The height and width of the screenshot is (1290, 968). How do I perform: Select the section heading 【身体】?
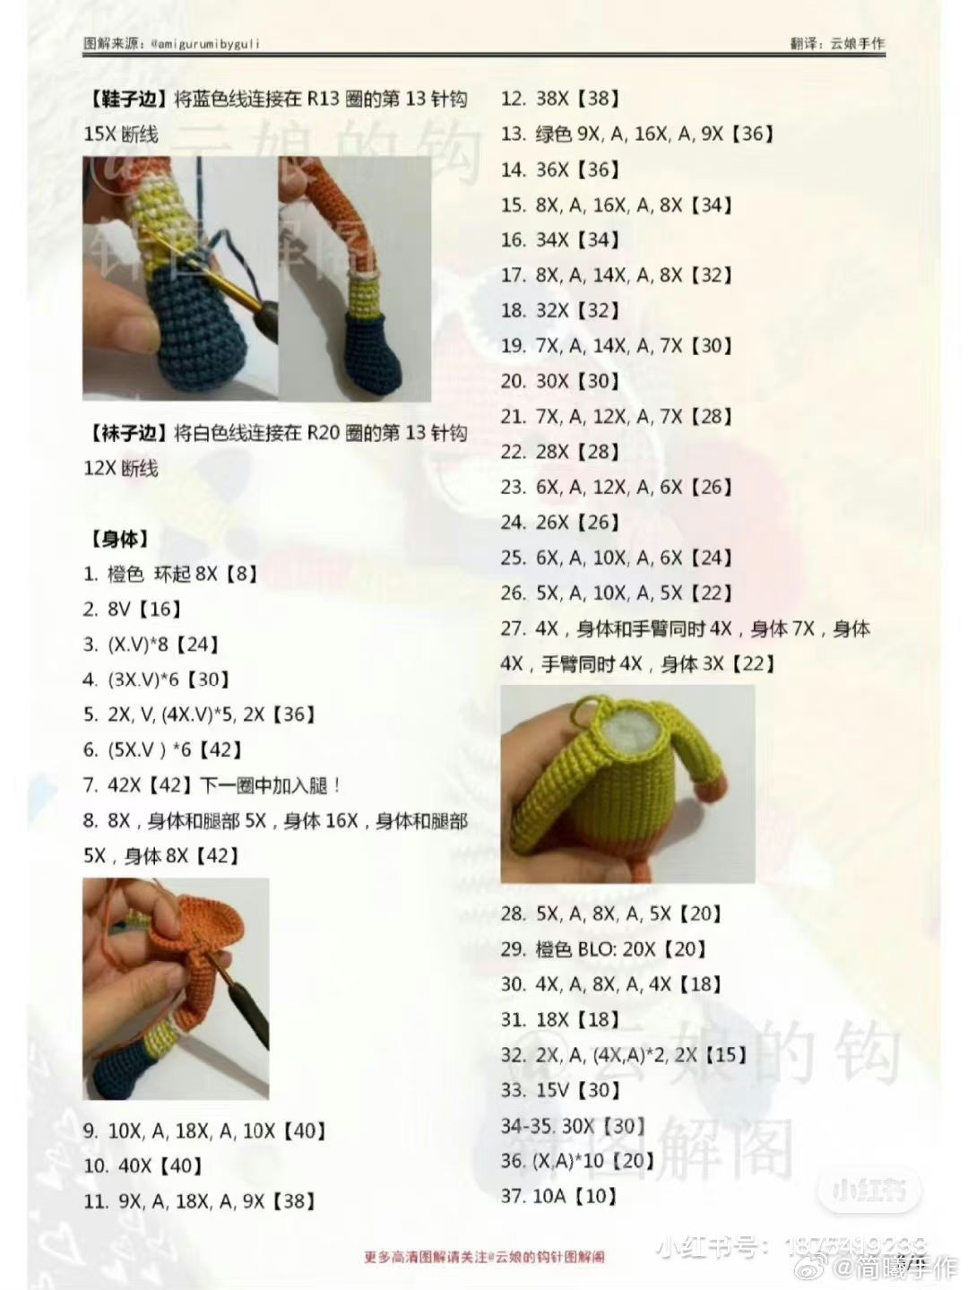click(x=118, y=540)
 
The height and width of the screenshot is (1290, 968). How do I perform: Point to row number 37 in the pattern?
click(x=512, y=1197)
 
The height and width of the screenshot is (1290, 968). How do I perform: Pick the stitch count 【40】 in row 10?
click(x=179, y=1166)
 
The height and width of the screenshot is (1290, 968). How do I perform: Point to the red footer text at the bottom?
click(x=484, y=1257)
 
